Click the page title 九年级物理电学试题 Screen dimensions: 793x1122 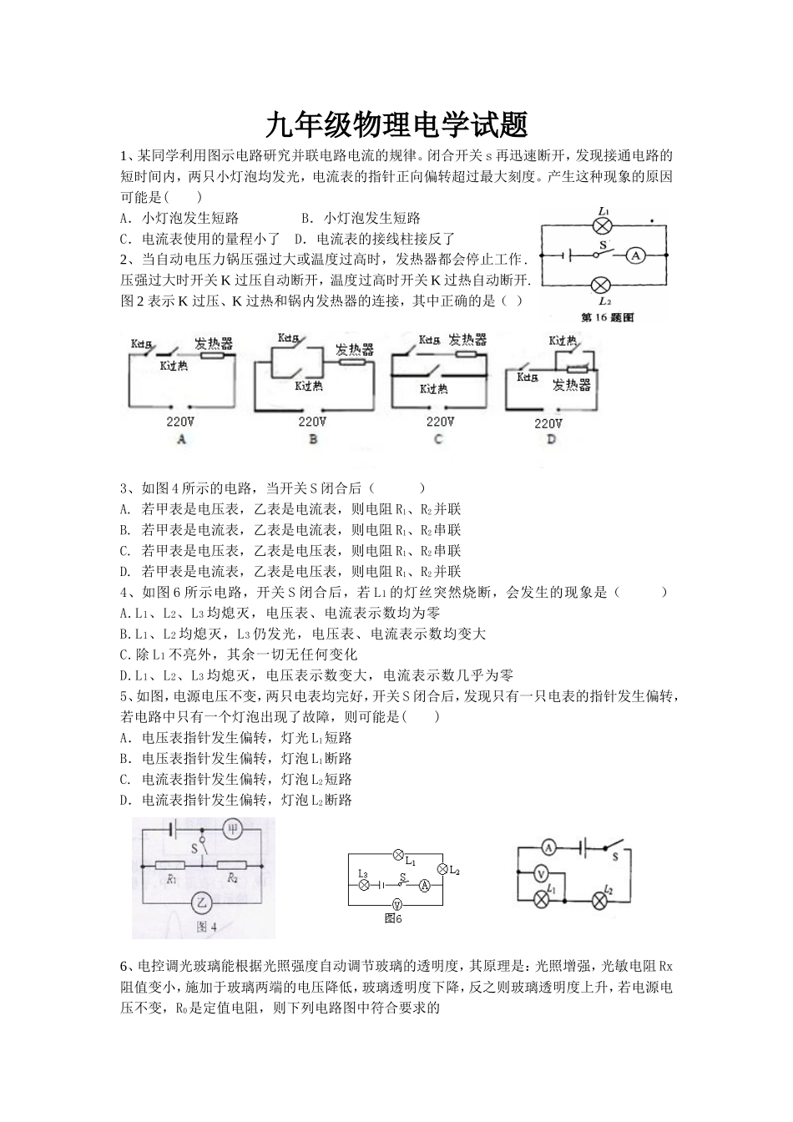tap(396, 126)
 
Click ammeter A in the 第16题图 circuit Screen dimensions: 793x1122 tap(635, 255)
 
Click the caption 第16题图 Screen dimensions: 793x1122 tap(607, 317)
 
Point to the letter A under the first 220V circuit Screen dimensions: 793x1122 tap(182, 439)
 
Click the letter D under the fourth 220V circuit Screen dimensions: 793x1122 tap(551, 440)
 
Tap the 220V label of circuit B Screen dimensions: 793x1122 tap(312, 422)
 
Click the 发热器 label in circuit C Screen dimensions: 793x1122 tap(467, 340)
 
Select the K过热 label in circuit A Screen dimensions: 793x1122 tap(174, 366)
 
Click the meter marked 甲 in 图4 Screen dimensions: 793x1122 tap(233, 829)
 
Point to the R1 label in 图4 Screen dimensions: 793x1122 tap(172, 878)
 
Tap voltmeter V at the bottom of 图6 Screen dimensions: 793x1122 tap(397, 903)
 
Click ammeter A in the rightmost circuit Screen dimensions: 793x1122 tap(548, 847)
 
